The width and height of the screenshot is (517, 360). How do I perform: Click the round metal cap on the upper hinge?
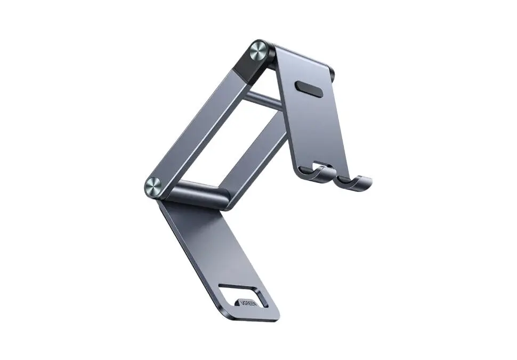tap(258, 51)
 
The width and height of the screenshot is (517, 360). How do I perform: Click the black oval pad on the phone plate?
tap(309, 89)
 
